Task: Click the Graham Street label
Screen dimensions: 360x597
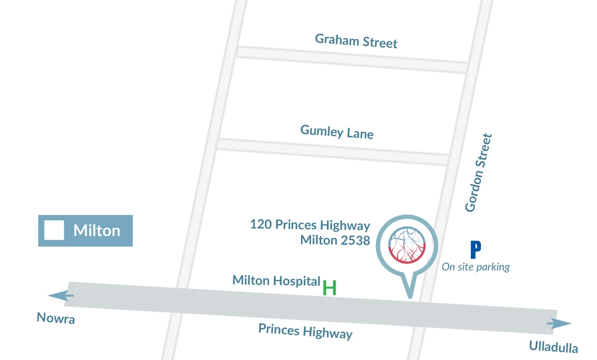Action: click(x=356, y=41)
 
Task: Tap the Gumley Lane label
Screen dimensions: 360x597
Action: click(x=337, y=132)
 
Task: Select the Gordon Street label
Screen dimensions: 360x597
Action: click(x=478, y=173)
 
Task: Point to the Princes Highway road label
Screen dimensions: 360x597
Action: click(x=305, y=331)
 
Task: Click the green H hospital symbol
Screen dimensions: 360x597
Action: click(x=329, y=288)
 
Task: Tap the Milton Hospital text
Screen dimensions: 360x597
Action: click(x=276, y=280)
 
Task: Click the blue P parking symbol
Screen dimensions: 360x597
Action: click(x=476, y=250)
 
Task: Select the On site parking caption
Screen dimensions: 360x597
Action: click(x=476, y=267)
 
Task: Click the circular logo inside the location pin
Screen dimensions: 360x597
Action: click(x=408, y=244)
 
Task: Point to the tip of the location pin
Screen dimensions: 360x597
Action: click(x=410, y=297)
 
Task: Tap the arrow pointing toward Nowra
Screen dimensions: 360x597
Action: click(x=61, y=296)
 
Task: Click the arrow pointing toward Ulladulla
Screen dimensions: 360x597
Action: click(x=559, y=325)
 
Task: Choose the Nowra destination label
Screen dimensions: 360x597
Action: click(x=56, y=318)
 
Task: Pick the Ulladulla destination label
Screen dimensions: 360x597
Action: click(x=553, y=347)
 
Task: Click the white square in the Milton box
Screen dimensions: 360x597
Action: click(x=54, y=230)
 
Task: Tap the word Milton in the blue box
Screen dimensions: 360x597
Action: click(x=97, y=231)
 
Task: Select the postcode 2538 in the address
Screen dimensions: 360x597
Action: click(x=354, y=240)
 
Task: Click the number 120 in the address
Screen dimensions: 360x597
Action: click(x=261, y=224)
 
